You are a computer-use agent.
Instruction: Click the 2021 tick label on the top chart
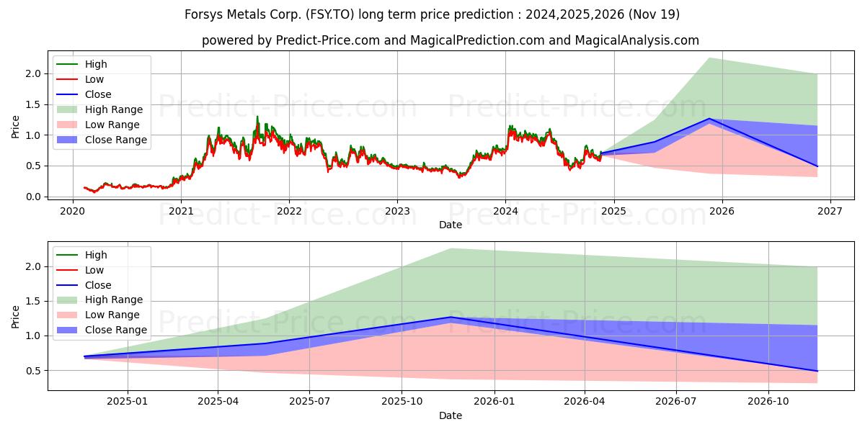(180, 211)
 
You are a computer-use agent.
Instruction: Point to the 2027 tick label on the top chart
(830, 211)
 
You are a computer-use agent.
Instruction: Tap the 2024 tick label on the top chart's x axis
(505, 211)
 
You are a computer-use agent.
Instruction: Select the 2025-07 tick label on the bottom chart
(309, 401)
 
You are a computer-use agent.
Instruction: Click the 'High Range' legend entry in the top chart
(114, 109)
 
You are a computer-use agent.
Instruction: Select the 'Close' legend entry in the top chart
(98, 94)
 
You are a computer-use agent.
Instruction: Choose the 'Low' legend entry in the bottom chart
(94, 270)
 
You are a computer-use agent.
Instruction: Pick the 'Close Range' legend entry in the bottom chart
(115, 330)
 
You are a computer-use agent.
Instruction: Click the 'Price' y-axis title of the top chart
(16, 127)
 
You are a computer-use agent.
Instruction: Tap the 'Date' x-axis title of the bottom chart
(451, 415)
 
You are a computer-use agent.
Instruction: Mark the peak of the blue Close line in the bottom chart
(451, 317)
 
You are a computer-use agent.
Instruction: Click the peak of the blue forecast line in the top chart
(709, 119)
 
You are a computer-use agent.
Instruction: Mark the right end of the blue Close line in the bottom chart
(817, 371)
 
